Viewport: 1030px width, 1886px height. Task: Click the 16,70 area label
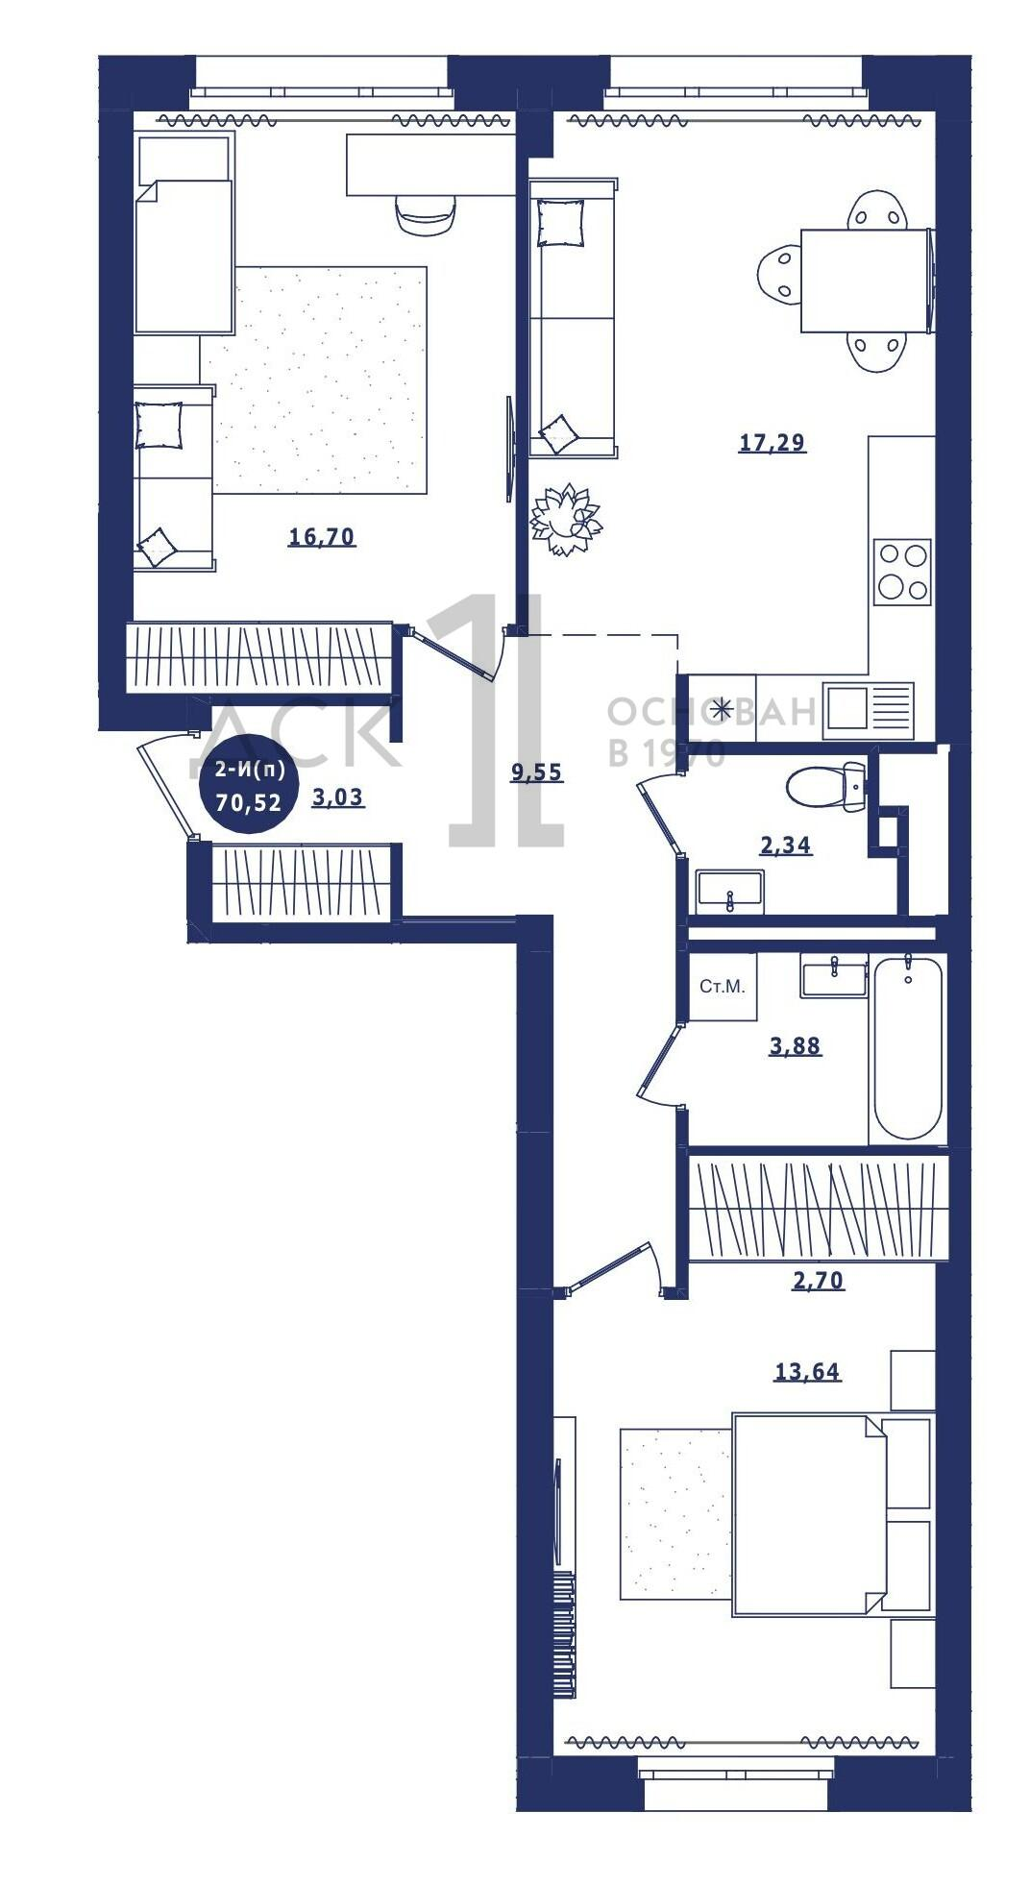322,536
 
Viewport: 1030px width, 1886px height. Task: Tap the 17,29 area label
772,442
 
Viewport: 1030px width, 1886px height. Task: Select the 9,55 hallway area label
536,772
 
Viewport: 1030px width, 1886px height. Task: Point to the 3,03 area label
338,796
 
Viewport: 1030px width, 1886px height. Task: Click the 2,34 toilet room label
785,845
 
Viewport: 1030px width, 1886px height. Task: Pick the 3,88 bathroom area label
795,1046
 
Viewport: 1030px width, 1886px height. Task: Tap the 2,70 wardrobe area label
818,1280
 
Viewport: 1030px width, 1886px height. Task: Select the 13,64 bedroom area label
807,1372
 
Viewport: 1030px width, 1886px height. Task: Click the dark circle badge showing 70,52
249,786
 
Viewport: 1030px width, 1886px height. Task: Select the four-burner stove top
902,572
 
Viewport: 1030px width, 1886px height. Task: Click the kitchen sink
869,710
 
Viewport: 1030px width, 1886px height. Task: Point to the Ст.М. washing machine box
723,986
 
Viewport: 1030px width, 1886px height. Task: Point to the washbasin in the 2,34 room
730,890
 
